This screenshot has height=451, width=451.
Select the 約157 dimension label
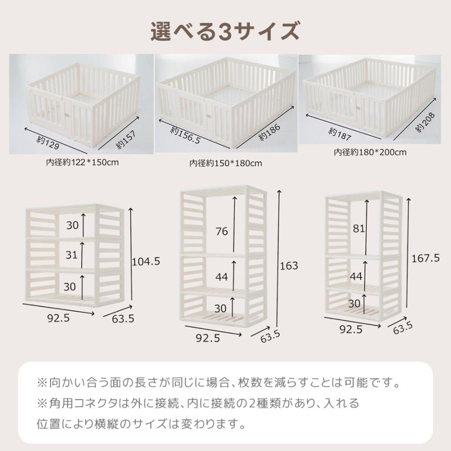click(121, 138)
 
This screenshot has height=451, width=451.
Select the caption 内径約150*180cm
click(226, 163)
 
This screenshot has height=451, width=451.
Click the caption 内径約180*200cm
click(370, 152)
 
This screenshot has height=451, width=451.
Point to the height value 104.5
click(146, 261)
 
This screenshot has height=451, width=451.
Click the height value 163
click(290, 266)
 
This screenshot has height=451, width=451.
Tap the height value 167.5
click(425, 258)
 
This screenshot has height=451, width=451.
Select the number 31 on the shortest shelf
click(72, 255)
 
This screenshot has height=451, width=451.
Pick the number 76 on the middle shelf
click(222, 231)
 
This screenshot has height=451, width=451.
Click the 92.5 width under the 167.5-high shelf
click(351, 329)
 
